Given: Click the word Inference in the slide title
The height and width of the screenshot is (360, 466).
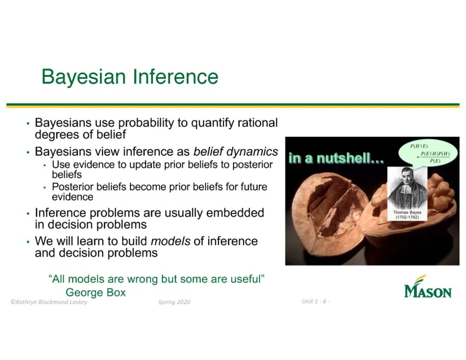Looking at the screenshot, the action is click(x=175, y=76).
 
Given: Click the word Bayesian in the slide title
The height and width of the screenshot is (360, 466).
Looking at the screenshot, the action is click(x=84, y=77).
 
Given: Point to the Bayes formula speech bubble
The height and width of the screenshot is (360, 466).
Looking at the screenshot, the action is click(x=428, y=154).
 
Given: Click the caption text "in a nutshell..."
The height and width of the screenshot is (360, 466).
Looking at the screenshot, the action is click(x=336, y=158).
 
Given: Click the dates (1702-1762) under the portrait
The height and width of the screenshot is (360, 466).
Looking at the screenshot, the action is click(x=407, y=217).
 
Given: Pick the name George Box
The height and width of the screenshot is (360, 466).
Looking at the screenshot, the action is click(x=96, y=293).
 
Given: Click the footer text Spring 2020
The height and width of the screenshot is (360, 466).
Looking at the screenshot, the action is click(x=174, y=302).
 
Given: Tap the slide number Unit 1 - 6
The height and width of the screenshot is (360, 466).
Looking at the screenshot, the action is click(x=315, y=301).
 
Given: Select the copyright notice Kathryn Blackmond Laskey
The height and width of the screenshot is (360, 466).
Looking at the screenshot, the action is click(x=49, y=302).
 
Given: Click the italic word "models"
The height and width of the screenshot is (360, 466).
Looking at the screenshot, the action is click(x=170, y=241).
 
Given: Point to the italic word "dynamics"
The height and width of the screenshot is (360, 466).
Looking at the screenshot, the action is click(x=252, y=152).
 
